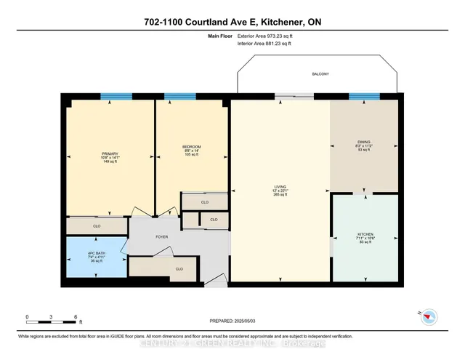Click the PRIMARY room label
(110, 153)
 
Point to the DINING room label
(364, 143)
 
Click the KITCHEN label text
(365, 234)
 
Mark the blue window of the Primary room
(116, 96)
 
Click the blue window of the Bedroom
(180, 96)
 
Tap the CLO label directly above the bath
(97, 226)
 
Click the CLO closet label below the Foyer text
(179, 269)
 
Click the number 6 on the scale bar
(76, 317)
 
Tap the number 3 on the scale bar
(52, 317)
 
